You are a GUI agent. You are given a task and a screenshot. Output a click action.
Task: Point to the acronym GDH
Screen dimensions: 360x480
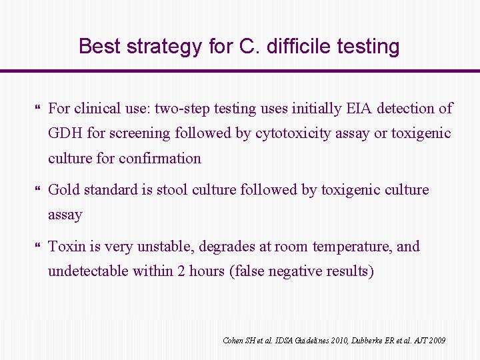coord(65,133)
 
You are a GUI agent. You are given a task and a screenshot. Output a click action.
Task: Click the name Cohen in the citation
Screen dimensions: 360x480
coord(233,341)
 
